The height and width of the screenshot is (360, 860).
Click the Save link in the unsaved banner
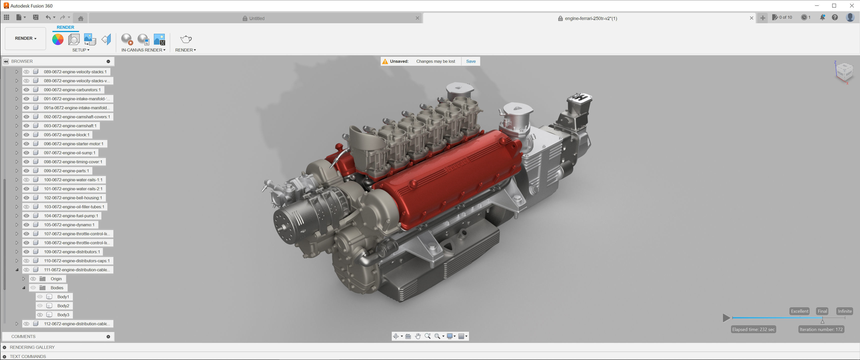(x=471, y=61)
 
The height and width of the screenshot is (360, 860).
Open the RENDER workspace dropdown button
(x=25, y=38)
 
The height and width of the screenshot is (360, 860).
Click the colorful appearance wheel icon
(x=58, y=39)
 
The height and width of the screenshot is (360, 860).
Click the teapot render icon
(x=185, y=39)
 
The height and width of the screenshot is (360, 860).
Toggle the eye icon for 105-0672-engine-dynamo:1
(x=26, y=225)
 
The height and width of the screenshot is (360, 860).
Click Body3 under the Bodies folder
(x=63, y=314)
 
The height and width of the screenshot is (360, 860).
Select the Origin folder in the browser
(x=56, y=279)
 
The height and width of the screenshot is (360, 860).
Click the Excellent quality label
(x=799, y=311)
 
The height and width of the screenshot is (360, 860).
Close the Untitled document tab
(x=417, y=18)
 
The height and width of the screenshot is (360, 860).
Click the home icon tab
(x=80, y=18)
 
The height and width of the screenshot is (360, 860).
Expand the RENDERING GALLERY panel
(x=5, y=347)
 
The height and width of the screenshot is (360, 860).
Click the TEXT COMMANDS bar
(x=28, y=356)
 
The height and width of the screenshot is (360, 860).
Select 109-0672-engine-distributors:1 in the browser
(x=72, y=252)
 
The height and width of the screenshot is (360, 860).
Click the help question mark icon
(x=835, y=17)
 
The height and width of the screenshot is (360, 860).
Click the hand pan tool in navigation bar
(x=418, y=336)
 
